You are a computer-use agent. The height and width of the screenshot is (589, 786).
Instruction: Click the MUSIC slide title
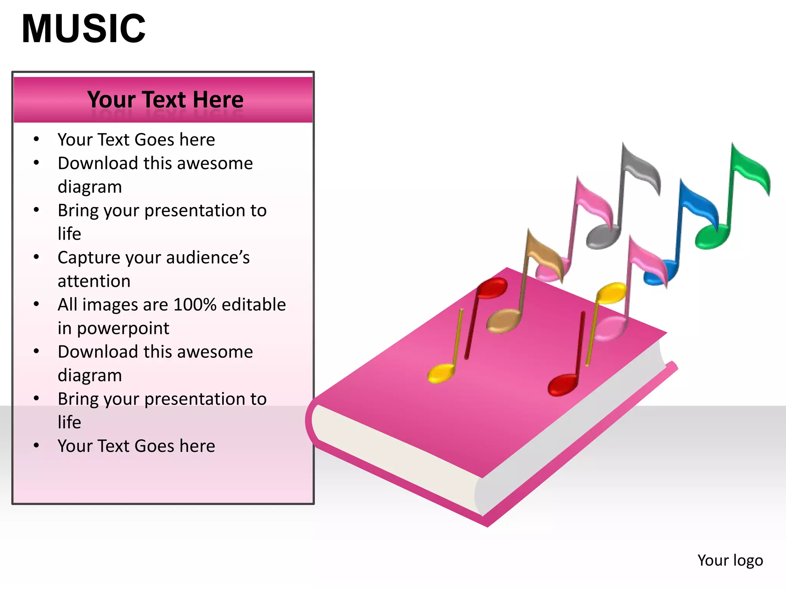click(84, 29)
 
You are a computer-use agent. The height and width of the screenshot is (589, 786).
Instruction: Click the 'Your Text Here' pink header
click(165, 100)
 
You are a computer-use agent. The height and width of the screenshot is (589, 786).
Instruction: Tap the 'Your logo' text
click(730, 560)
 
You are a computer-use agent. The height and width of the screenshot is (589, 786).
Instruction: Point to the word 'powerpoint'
click(123, 329)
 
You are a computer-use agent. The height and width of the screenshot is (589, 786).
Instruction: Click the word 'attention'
click(94, 281)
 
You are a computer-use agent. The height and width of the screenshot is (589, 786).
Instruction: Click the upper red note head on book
click(492, 288)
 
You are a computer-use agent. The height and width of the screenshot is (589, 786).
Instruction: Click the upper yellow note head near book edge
click(611, 293)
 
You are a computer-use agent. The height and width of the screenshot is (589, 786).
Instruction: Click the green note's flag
click(751, 169)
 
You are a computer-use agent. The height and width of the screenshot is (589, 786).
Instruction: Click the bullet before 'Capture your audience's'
click(36, 257)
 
